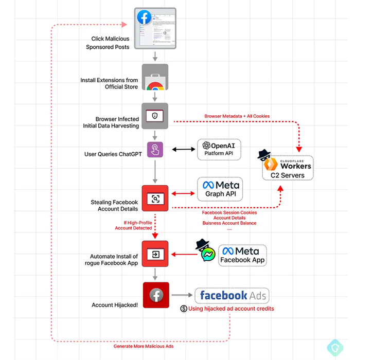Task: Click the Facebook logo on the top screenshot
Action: (x=144, y=18)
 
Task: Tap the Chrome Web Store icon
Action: (x=155, y=77)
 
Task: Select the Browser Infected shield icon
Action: (x=155, y=117)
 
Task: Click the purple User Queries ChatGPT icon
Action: (x=155, y=150)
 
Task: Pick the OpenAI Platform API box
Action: (x=219, y=149)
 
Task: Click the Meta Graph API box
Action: (x=219, y=189)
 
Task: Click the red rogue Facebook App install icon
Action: (x=155, y=254)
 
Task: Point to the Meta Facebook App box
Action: (x=242, y=255)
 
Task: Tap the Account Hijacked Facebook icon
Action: (x=156, y=295)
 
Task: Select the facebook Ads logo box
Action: (x=232, y=295)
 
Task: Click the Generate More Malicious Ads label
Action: (x=143, y=346)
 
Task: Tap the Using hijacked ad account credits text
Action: (x=231, y=309)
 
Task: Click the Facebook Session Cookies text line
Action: (x=229, y=212)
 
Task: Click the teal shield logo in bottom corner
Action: (x=335, y=347)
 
